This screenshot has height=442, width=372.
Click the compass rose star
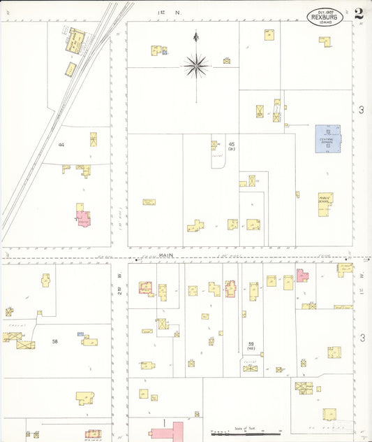click(x=196, y=66)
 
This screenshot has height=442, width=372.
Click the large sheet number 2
click(x=358, y=14)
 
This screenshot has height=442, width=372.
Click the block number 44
click(x=62, y=145)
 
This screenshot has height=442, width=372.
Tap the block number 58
click(x=54, y=342)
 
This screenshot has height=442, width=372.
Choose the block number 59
click(x=251, y=344)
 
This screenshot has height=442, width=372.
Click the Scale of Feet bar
click(x=244, y=433)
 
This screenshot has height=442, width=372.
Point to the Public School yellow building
click(x=326, y=204)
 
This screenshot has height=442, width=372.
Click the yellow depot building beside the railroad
click(x=75, y=40)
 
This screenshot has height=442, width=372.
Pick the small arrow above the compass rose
click(x=196, y=36)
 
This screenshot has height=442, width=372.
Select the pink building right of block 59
click(x=302, y=275)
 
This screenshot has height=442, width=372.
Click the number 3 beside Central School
click(x=361, y=110)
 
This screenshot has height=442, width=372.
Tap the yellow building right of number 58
click(x=89, y=341)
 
